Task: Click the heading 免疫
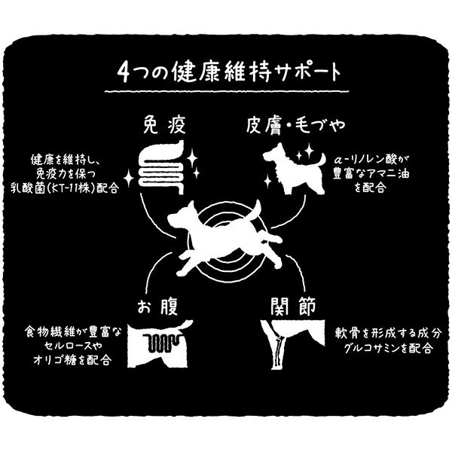[164, 124]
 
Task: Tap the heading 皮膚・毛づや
[295, 125]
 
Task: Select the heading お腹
[157, 307]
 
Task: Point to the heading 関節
[293, 307]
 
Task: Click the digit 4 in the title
[124, 72]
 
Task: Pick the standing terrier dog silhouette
[294, 169]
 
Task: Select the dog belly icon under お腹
[160, 344]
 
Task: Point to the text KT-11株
[74, 188]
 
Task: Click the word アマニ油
[384, 174]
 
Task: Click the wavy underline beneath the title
[227, 92]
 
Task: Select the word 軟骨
[348, 334]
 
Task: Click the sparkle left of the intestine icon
[129, 179]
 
